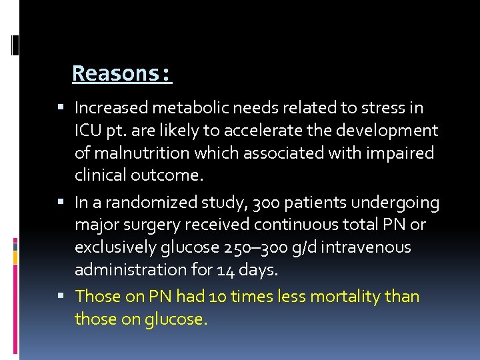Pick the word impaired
400,153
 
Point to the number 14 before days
225,270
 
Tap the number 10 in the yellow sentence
218,296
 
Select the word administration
133,270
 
